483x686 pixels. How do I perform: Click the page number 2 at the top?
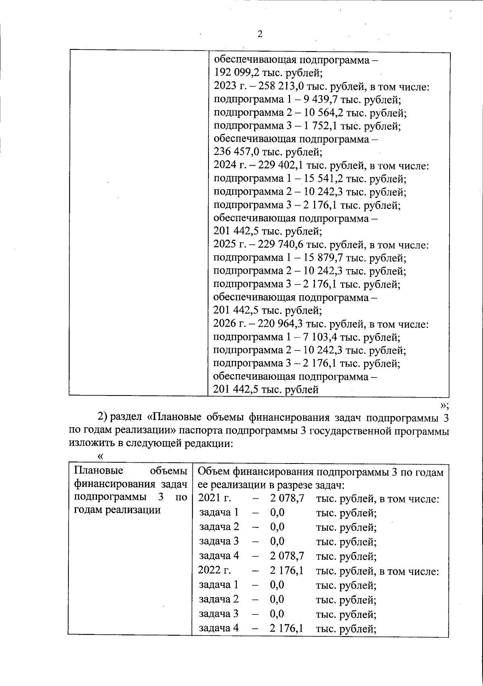click(x=260, y=34)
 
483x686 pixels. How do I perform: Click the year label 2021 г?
click(x=215, y=498)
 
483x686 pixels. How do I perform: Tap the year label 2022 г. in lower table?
click(x=215, y=571)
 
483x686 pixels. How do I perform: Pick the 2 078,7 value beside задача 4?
click(x=287, y=556)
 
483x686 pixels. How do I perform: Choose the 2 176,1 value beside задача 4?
click(x=287, y=628)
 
